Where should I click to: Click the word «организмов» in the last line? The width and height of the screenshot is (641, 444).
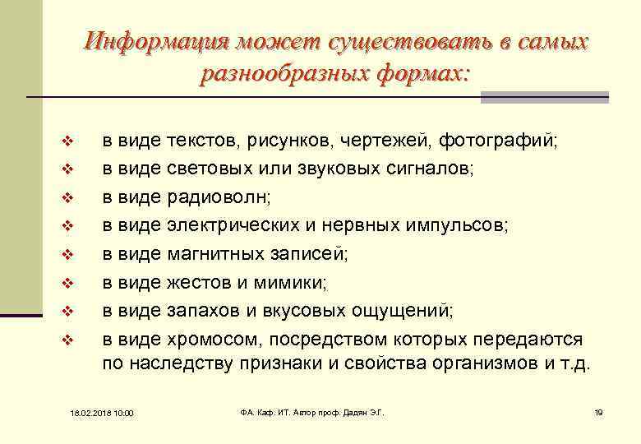488,364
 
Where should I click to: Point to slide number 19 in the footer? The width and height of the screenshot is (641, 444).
597,411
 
